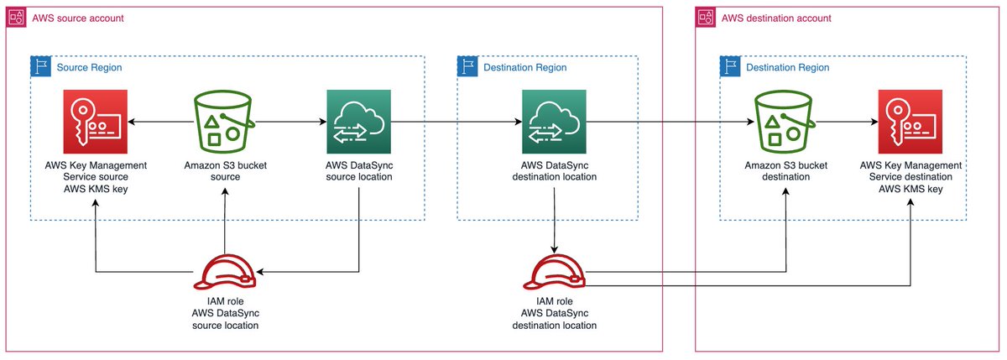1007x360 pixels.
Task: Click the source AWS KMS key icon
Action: point(97,123)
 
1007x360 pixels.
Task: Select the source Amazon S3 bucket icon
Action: point(225,123)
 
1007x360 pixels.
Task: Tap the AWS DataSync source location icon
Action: point(359,123)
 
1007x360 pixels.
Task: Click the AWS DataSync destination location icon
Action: point(554,123)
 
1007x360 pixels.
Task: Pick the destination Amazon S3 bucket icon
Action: point(786,123)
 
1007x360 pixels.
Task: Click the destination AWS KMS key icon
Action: point(910,123)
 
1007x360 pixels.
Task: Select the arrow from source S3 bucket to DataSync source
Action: point(290,123)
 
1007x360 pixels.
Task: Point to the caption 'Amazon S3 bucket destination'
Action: point(786,171)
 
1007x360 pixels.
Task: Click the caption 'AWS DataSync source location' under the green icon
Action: point(359,171)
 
